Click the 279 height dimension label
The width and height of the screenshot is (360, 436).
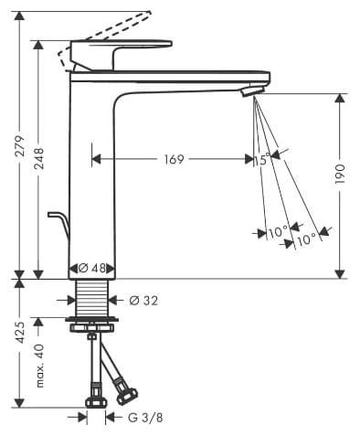pyautogui.click(x=21, y=146)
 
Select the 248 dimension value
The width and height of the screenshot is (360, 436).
pyautogui.click(x=39, y=158)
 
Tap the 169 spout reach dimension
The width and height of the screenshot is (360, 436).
pyautogui.click(x=175, y=159)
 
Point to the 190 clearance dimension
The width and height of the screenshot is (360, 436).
pyautogui.click(x=340, y=174)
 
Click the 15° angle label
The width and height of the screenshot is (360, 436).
pyautogui.click(x=262, y=159)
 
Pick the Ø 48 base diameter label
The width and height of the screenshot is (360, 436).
pyautogui.click(x=92, y=269)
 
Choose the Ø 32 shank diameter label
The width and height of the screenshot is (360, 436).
pyautogui.click(x=143, y=301)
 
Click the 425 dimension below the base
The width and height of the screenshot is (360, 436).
pyautogui.click(x=21, y=333)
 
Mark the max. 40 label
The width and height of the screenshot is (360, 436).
pyautogui.click(x=40, y=366)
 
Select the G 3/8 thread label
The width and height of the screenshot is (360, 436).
pyautogui.click(x=145, y=418)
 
